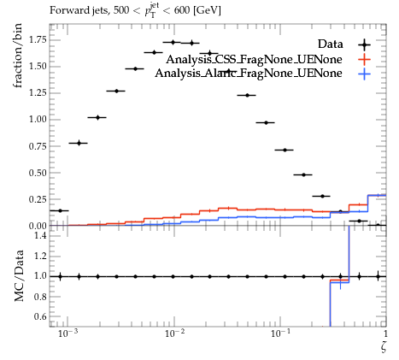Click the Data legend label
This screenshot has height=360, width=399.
330,44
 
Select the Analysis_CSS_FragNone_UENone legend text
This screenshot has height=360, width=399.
254,59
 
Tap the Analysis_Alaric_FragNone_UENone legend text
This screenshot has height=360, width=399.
249,74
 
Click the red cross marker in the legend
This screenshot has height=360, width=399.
364,60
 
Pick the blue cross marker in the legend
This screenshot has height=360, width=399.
364,74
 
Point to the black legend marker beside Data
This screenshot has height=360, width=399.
364,44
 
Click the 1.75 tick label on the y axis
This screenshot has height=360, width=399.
38,39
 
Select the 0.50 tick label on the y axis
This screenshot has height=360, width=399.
38,173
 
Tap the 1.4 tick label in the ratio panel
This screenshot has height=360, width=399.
40,235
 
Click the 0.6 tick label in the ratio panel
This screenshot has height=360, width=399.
40,316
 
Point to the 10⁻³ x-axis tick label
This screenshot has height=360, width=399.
67,333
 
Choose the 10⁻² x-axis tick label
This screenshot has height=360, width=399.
173,333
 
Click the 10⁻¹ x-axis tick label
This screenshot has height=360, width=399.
280,333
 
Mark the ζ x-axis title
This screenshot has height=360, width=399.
384,347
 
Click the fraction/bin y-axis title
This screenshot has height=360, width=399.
18,56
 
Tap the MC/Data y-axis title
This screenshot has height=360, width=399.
19,275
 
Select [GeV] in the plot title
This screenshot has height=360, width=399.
207,10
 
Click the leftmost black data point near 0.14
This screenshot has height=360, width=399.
60,210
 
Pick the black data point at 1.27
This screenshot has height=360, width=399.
116,91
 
